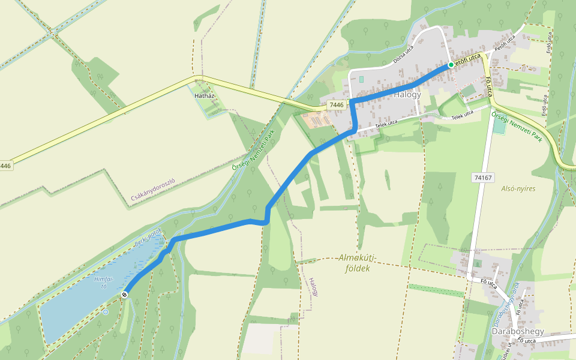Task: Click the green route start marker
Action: click(x=451, y=65)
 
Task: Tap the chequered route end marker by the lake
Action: click(x=124, y=295)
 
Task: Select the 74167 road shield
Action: click(x=482, y=178)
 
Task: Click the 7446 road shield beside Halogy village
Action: click(x=337, y=105)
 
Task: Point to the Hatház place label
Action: click(x=205, y=95)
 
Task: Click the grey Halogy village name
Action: click(x=407, y=95)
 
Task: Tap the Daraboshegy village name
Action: click(x=517, y=331)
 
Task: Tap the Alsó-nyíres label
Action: click(x=518, y=188)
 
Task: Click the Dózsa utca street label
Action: click(x=404, y=56)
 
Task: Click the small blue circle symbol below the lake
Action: click(x=106, y=311)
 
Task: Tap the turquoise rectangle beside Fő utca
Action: click(x=499, y=126)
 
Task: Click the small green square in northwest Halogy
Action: click(x=361, y=80)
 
